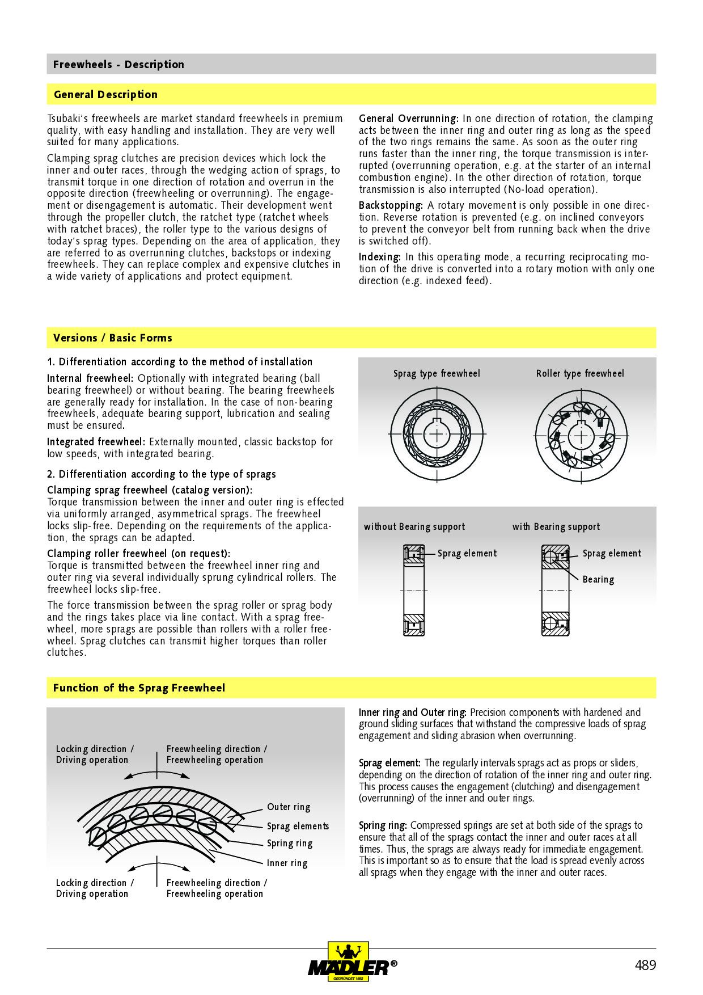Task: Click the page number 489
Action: (x=645, y=965)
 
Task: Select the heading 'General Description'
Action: (x=105, y=95)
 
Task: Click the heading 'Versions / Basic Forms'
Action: (x=112, y=338)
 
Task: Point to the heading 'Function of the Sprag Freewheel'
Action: (x=139, y=688)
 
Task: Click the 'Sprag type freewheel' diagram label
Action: (x=437, y=373)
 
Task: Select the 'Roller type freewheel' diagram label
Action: (x=580, y=373)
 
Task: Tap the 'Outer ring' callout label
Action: (x=289, y=807)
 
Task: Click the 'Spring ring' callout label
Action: (x=290, y=844)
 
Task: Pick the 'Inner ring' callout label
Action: (x=287, y=863)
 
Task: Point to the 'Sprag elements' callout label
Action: (x=298, y=826)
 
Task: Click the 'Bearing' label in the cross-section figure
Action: (x=598, y=580)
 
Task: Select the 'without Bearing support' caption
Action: (x=414, y=526)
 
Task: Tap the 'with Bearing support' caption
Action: (x=556, y=526)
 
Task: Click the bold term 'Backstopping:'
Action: (x=391, y=205)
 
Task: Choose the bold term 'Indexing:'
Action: (x=379, y=257)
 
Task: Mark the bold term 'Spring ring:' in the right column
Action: (x=383, y=825)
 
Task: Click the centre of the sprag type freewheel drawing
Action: (x=437, y=434)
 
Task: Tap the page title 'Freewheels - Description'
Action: (x=118, y=65)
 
